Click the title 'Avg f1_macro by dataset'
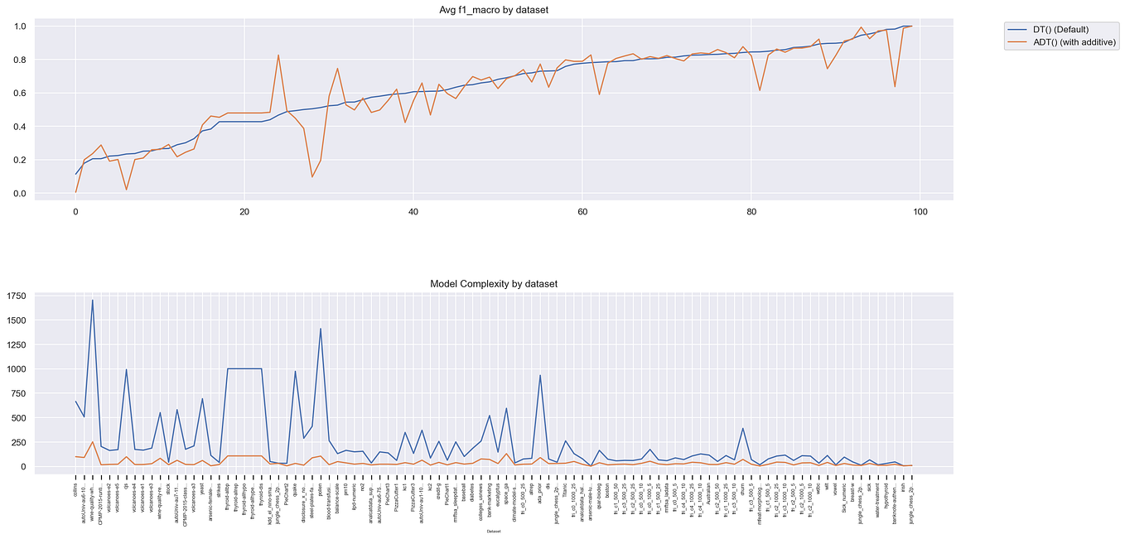point(494,10)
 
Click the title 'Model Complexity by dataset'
point(494,284)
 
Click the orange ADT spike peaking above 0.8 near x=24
point(278,55)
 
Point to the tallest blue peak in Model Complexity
point(93,301)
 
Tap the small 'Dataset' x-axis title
point(494,531)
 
